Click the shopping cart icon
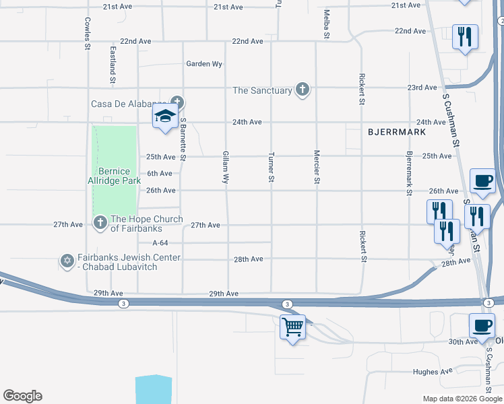click(x=293, y=328)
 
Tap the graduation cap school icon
click(x=165, y=116)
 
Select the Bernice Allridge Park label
click(x=114, y=176)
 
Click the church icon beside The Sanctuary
click(x=303, y=90)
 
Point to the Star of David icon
click(x=67, y=261)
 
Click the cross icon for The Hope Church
click(x=100, y=222)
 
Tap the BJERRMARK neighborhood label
click(x=397, y=133)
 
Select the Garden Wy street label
click(x=204, y=65)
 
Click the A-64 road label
click(x=160, y=243)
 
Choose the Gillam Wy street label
click(x=226, y=168)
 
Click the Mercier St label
click(x=316, y=166)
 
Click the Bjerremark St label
click(x=408, y=174)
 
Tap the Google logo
click(x=22, y=396)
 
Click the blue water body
click(x=153, y=390)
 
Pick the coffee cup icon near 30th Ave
click(x=482, y=327)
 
